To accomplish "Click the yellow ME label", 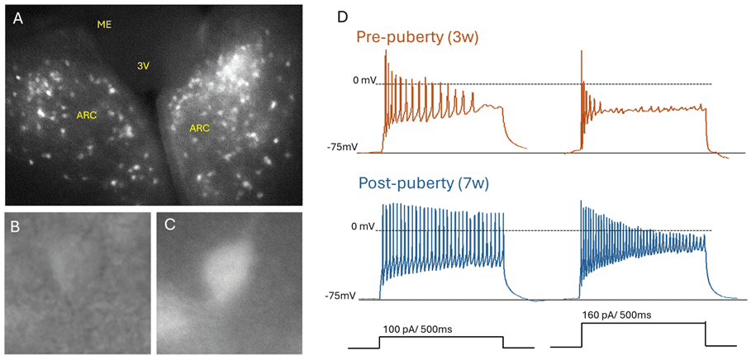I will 104,25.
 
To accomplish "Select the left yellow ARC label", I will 87,115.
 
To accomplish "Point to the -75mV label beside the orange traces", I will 342,148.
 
